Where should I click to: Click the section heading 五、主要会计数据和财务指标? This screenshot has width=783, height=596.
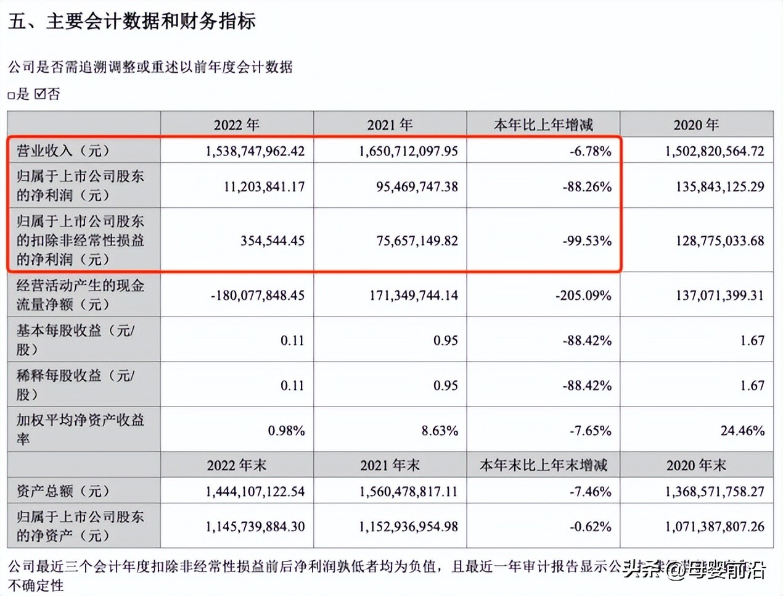[132, 22]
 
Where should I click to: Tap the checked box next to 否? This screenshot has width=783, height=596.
[41, 94]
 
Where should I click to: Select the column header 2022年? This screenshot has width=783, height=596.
[237, 125]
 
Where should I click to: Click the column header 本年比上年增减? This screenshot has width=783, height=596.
[543, 125]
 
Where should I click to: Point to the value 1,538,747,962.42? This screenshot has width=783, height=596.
[255, 151]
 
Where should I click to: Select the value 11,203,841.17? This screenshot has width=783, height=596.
[264, 186]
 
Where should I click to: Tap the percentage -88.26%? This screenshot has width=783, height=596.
[587, 186]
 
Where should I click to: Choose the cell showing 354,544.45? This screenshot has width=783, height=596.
[273, 241]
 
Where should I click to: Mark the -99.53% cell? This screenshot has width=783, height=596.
[587, 241]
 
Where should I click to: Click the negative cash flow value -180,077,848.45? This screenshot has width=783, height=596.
[258, 296]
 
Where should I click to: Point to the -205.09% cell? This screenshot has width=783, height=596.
[583, 296]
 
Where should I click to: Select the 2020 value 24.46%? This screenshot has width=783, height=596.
[742, 431]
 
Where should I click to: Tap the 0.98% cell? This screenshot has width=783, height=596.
[286, 431]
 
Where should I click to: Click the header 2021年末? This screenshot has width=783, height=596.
[390, 465]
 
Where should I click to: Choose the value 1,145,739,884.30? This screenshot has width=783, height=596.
[255, 527]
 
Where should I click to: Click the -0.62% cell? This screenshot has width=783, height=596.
[591, 527]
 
